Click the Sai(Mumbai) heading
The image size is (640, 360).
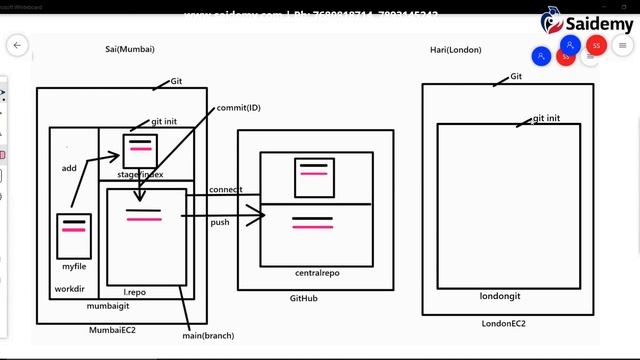point(130,49)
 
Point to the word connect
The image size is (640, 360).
point(226,190)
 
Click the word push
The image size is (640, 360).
point(220,222)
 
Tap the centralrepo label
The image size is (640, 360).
point(318,273)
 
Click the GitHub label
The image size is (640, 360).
point(304,299)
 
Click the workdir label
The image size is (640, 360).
point(69,291)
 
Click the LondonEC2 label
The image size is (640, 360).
point(503,323)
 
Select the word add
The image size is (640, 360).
point(69,168)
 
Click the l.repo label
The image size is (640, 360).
point(135,292)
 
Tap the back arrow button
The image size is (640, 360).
point(17,45)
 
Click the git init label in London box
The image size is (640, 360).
point(546,118)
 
